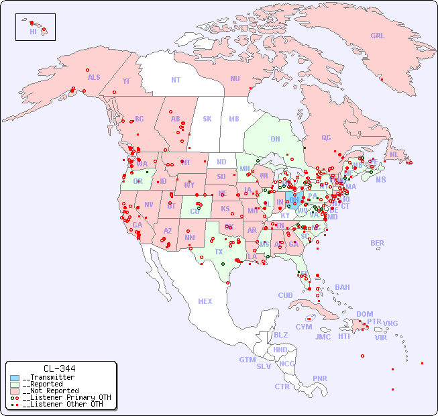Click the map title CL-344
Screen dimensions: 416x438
(59, 368)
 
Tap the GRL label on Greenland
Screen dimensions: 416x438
(378, 36)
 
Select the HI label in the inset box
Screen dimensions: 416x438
(33, 32)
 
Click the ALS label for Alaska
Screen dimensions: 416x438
(94, 77)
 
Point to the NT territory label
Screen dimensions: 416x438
(176, 80)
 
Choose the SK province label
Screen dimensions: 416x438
(207, 119)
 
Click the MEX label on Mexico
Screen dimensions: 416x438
(205, 301)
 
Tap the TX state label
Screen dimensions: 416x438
(219, 252)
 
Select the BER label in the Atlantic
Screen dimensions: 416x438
(378, 243)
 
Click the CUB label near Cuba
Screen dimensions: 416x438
(286, 295)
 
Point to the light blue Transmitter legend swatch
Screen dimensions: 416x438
(15, 378)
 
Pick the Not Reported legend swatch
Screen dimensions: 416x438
(15, 391)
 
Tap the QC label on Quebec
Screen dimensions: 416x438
(326, 138)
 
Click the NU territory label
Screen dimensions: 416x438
(235, 79)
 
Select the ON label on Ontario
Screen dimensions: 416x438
(275, 139)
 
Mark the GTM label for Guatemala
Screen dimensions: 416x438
(247, 360)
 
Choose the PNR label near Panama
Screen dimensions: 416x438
(320, 378)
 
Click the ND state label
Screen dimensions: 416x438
(221, 162)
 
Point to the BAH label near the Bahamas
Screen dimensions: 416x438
(342, 287)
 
